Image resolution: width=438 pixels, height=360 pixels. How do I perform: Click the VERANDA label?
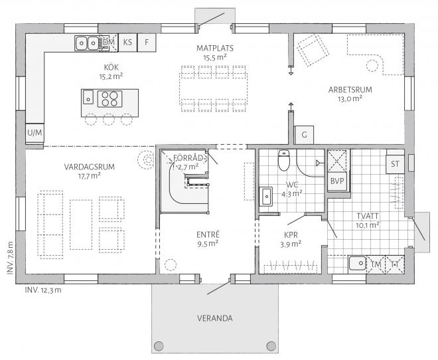[x=214, y=318]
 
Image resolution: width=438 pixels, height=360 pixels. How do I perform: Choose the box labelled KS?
[x=128, y=43]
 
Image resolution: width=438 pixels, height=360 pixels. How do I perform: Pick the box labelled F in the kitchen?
[x=147, y=43]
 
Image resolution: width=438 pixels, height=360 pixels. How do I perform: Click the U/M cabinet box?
[x=35, y=133]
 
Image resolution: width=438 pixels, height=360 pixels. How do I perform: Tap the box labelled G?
[x=305, y=134]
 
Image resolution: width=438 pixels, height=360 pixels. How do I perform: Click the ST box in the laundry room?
[x=396, y=163]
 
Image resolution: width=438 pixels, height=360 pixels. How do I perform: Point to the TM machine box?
[x=377, y=264]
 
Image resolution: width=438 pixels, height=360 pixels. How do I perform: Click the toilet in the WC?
[x=284, y=160]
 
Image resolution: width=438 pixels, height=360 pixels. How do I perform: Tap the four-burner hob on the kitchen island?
[x=110, y=99]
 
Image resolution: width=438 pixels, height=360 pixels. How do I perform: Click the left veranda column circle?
[x=159, y=345]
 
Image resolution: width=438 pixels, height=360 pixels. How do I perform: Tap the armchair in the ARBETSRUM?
[x=310, y=50]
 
